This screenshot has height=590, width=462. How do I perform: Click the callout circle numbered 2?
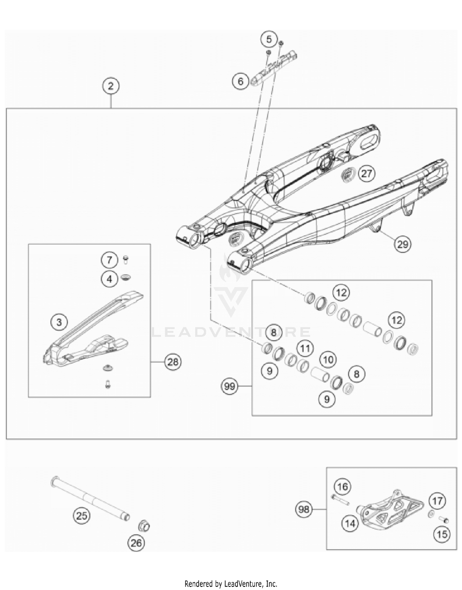(111, 86)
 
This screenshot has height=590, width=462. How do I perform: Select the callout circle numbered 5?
(269, 39)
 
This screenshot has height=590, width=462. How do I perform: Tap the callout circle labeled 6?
(241, 82)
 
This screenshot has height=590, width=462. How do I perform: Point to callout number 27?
(366, 174)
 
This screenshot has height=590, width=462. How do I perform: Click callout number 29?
(403, 244)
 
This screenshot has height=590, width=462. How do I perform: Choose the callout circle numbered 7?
(109, 260)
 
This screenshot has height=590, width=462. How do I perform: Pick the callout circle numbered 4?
(109, 279)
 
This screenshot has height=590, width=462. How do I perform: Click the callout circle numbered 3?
(59, 322)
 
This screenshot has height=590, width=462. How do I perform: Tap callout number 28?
(173, 362)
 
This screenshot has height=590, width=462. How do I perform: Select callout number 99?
(229, 386)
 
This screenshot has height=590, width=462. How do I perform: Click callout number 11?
(305, 348)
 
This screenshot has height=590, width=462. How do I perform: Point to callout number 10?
(328, 359)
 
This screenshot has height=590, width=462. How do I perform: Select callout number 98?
(304, 509)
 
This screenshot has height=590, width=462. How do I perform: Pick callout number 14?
(350, 523)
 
